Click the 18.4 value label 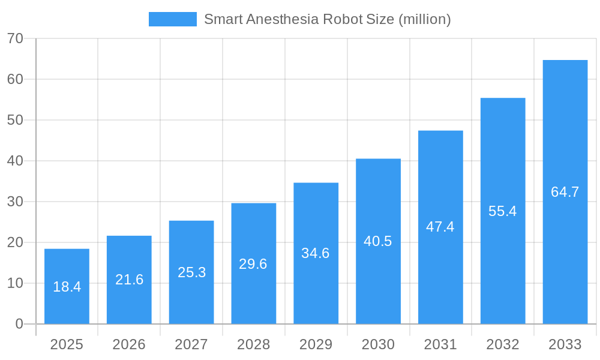[67, 287]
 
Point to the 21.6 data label [129, 280]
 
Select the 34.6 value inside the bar [316, 253]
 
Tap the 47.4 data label [440, 227]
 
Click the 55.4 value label [502, 211]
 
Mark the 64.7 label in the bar [565, 192]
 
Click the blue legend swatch [172, 19]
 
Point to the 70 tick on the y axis [15, 38]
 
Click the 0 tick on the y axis [19, 324]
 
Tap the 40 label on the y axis [15, 161]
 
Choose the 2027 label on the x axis [191, 344]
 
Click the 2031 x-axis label [440, 344]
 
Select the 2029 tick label [316, 344]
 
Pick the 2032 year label [502, 344]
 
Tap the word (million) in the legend [424, 19]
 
